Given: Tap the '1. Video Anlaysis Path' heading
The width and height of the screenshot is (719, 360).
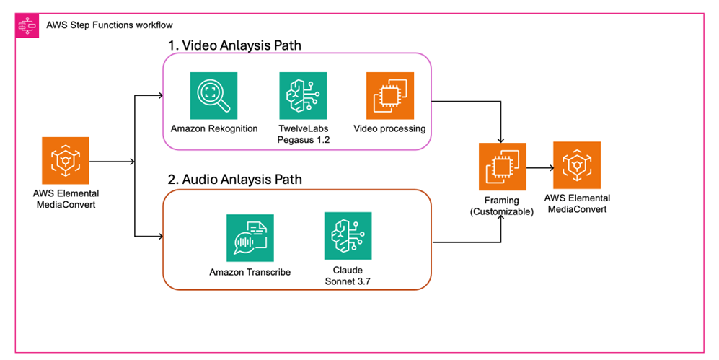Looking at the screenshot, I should point(234,45).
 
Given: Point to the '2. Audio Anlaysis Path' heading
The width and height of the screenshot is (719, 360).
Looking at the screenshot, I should point(234,178).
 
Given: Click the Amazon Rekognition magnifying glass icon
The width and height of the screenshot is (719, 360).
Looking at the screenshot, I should point(213,96).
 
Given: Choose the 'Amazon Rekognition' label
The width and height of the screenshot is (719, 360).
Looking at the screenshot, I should point(213,128).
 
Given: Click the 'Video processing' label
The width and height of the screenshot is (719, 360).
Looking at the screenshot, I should point(389,128).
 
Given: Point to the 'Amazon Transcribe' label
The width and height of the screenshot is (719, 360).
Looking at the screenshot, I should point(250,272).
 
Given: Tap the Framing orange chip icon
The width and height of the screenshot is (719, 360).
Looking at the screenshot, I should point(502,167).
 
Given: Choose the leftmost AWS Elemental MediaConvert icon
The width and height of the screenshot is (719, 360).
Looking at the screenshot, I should point(66,161).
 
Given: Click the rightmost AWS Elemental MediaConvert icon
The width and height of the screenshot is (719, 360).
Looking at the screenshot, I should point(576,165).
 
